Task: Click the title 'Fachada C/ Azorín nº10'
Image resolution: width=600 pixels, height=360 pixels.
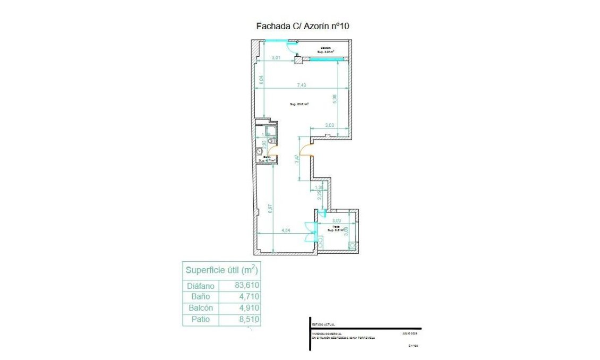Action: pos(303,25)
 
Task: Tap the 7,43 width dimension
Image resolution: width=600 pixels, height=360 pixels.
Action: pos(302,84)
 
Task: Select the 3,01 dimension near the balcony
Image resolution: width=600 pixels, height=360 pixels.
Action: pos(276,57)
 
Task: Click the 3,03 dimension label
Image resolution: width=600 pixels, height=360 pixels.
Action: pos(329,126)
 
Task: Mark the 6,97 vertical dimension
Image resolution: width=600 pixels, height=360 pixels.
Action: pos(270,208)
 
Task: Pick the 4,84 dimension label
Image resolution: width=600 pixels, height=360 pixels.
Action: pos(285,230)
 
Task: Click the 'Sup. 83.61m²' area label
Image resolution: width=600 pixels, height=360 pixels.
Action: pos(299,104)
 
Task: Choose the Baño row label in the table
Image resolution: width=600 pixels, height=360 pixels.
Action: pos(200,297)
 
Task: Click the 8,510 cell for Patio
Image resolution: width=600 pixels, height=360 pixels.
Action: pos(247,319)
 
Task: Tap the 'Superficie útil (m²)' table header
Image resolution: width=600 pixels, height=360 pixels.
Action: pos(221,270)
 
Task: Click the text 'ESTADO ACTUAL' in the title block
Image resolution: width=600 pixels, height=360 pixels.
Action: pos(323,324)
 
